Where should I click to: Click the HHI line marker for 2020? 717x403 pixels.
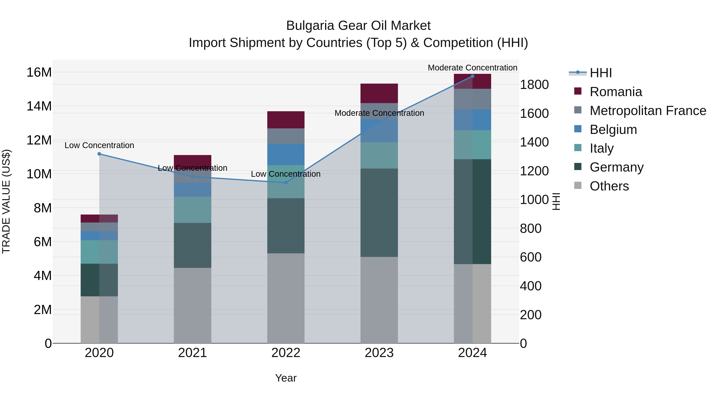click(x=99, y=154)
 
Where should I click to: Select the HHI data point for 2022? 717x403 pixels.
click(x=286, y=183)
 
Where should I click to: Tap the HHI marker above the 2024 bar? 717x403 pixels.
click(x=472, y=76)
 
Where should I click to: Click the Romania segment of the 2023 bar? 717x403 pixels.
click(x=379, y=93)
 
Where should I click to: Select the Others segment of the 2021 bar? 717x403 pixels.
click(x=192, y=305)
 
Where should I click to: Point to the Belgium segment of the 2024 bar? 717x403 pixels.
click(x=472, y=120)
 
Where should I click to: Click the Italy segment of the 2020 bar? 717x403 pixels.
click(x=99, y=252)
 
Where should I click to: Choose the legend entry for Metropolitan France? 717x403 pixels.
click(x=648, y=111)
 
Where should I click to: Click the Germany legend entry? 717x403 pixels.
click(x=616, y=167)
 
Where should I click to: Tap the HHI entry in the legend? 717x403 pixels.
click(x=601, y=73)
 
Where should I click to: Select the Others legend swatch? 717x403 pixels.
click(x=578, y=185)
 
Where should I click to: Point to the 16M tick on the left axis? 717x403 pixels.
click(x=39, y=72)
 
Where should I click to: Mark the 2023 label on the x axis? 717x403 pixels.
click(x=379, y=353)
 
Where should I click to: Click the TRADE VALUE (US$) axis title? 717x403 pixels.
click(x=6, y=201)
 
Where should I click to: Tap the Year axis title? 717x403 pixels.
click(x=286, y=378)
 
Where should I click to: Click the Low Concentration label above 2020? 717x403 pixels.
click(x=99, y=145)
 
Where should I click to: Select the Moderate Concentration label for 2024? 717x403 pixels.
click(x=472, y=68)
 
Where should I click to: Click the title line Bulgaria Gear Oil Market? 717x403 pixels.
click(x=358, y=26)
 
